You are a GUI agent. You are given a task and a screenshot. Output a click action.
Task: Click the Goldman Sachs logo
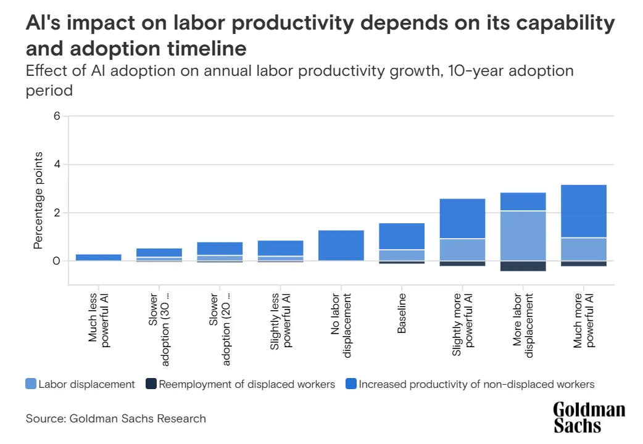(589, 417)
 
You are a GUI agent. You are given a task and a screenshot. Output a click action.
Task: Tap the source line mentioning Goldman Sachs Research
(115, 419)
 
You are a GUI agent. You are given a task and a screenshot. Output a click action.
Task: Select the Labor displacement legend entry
(80, 384)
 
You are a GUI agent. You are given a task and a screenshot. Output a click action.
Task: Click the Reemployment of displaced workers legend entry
(240, 384)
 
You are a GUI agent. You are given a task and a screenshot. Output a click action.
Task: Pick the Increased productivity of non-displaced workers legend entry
(470, 384)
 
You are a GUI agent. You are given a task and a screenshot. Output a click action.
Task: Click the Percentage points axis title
(38, 200)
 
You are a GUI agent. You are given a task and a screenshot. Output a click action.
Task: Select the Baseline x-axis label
(402, 314)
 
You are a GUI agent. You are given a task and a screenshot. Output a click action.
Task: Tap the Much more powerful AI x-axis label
(584, 321)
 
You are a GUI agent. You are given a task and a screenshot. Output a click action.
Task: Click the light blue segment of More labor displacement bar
(523, 236)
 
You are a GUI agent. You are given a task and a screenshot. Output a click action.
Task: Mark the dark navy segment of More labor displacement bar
(523, 266)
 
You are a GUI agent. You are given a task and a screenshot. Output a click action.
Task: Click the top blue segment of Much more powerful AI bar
(584, 211)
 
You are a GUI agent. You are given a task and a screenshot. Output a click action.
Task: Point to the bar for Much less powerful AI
(98, 257)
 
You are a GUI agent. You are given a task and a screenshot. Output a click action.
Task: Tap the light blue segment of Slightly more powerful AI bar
(462, 249)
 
